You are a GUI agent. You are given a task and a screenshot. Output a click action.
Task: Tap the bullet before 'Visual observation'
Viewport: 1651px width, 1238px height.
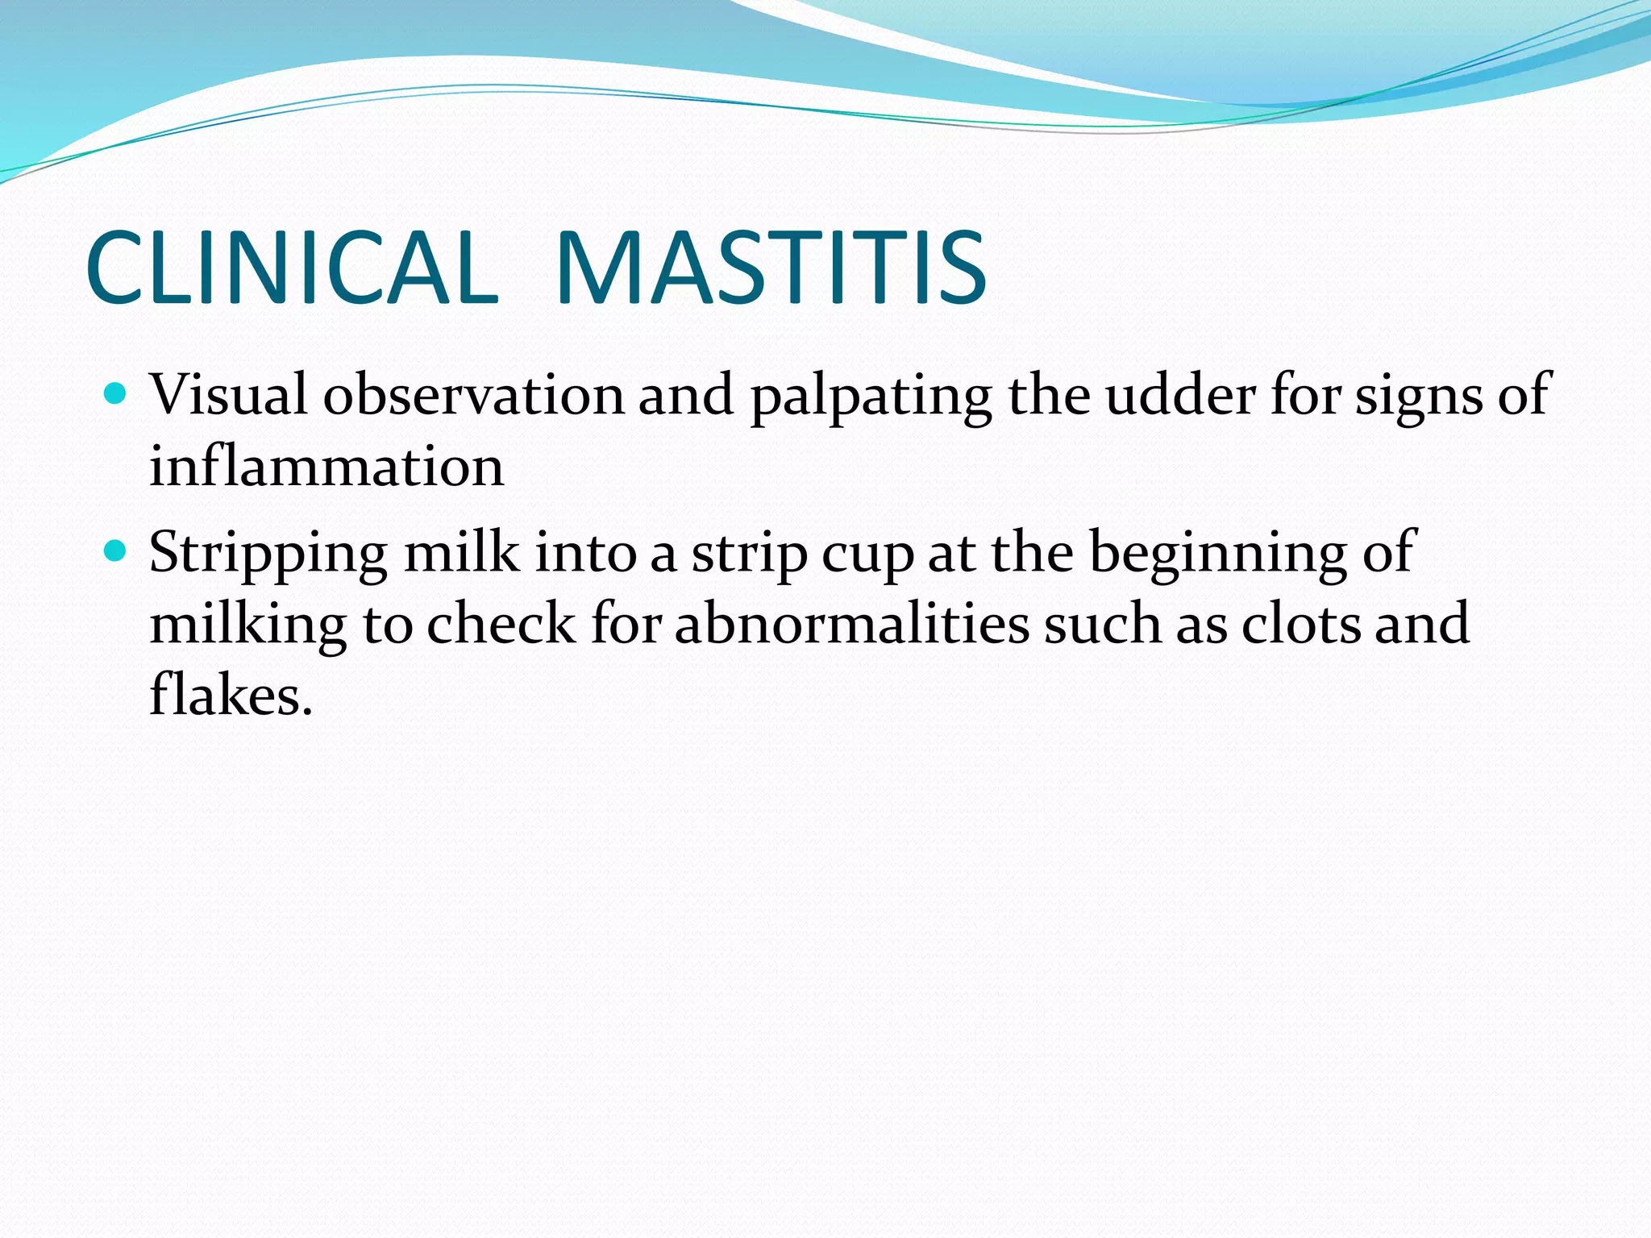(x=117, y=394)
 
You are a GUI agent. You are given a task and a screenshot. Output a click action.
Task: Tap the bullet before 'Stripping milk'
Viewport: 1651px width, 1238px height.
(x=117, y=551)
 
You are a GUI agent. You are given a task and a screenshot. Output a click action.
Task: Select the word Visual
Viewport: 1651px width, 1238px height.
(x=228, y=395)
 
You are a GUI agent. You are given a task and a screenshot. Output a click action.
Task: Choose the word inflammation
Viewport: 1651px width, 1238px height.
(x=326, y=467)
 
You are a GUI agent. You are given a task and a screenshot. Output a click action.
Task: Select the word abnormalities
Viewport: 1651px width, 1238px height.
(x=852, y=625)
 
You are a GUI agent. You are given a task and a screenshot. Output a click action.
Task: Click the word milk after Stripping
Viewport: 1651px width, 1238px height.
(x=461, y=553)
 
